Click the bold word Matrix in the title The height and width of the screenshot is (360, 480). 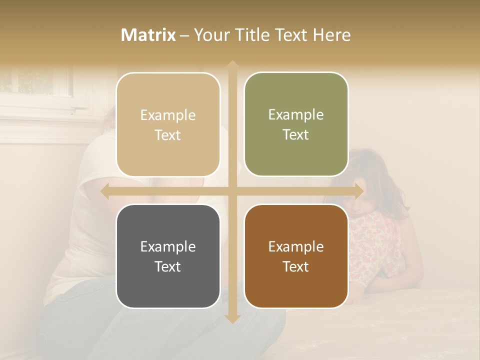pyautogui.click(x=148, y=35)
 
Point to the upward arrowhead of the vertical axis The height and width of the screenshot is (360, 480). pyautogui.click(x=232, y=65)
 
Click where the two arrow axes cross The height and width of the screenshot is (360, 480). pyautogui.click(x=232, y=191)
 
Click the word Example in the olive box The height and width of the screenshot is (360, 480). pyautogui.click(x=296, y=114)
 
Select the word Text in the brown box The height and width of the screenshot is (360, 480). pyautogui.click(x=296, y=266)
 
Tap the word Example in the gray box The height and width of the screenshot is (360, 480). pyautogui.click(x=168, y=246)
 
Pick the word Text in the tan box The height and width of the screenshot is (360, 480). pyautogui.click(x=168, y=135)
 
